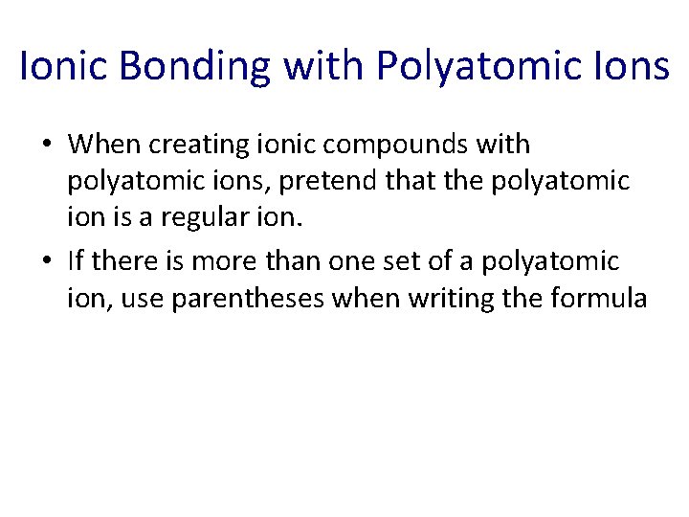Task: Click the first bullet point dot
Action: point(47,146)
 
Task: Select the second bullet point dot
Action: point(47,261)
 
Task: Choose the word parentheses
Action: point(246,299)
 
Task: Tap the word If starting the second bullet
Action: point(76,260)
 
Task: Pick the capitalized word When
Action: point(100,145)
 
